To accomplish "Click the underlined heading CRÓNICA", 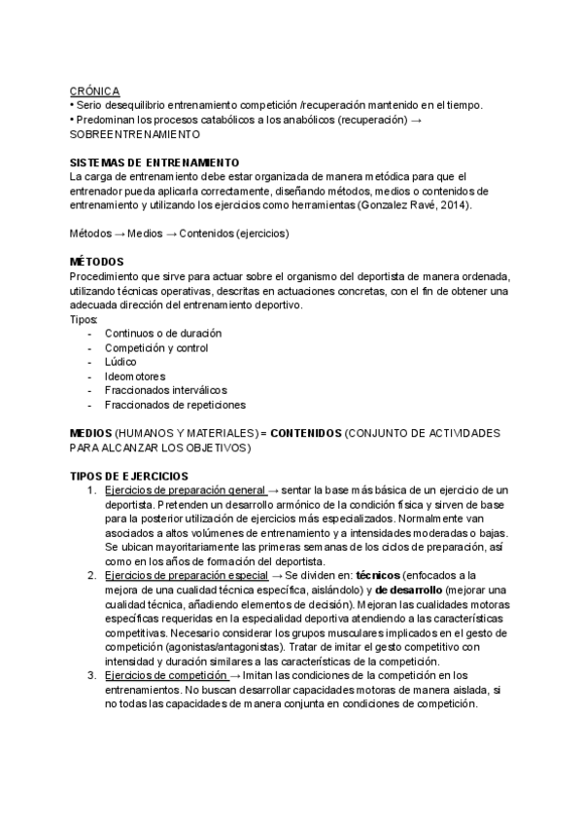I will (x=94, y=90).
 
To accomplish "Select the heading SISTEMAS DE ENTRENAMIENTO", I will (x=154, y=161).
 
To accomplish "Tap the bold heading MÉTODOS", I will (x=96, y=262).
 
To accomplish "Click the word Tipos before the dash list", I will (x=85, y=319).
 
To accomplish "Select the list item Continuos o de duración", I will (x=162, y=334).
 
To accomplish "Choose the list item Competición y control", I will (x=156, y=347).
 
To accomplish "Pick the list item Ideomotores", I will (x=135, y=377).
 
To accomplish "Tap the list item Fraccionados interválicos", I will (x=166, y=390).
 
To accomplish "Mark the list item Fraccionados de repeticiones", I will (x=175, y=405).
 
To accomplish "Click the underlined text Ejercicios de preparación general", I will (x=185, y=490).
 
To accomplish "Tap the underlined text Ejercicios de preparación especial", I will (x=186, y=576).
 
